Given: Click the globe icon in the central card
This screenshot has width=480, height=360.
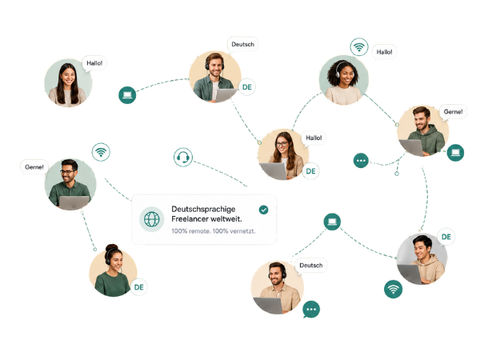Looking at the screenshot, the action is click(x=151, y=219).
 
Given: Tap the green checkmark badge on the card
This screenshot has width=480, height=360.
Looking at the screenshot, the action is click(x=263, y=210).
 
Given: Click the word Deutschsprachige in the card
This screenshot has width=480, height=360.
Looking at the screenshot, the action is click(x=203, y=210).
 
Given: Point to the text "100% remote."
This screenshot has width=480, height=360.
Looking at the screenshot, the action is click(x=190, y=231).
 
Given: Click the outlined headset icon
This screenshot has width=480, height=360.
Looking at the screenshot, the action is click(x=183, y=158).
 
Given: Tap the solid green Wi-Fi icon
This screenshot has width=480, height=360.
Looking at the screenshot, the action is click(x=393, y=289).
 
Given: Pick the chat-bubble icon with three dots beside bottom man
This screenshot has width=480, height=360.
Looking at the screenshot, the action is click(x=311, y=309).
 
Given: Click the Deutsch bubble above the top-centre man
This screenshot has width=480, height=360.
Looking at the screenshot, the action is click(x=242, y=45).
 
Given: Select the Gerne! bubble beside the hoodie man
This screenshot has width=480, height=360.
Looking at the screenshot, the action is click(x=453, y=112).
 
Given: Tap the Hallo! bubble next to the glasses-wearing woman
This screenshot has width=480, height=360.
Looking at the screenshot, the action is click(x=314, y=138).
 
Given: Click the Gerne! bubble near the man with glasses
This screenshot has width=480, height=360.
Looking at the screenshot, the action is click(x=34, y=167).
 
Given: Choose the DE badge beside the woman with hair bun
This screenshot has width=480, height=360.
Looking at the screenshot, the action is click(x=138, y=287).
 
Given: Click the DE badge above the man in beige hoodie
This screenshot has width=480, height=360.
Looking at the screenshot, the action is click(x=446, y=237).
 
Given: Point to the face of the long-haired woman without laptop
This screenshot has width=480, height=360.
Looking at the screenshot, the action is click(x=68, y=76).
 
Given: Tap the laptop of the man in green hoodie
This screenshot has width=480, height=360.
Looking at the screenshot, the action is click(x=411, y=147).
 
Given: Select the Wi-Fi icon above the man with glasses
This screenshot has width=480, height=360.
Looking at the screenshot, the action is click(x=101, y=152).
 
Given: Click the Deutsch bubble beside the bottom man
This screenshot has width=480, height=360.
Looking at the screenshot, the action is click(x=311, y=266).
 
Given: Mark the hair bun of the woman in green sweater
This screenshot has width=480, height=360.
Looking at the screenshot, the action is click(x=112, y=248).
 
